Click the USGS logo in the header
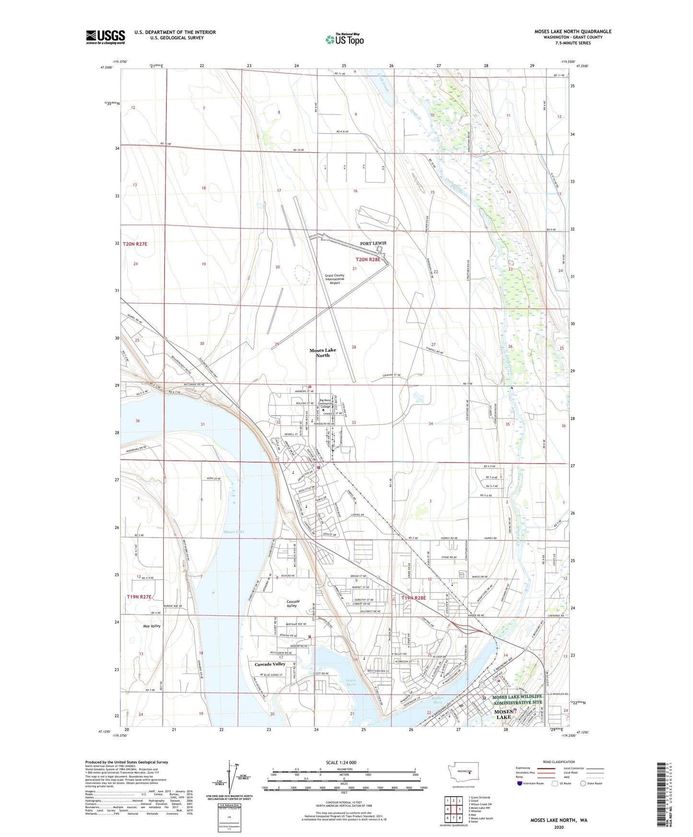[106, 36]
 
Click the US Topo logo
[345, 39]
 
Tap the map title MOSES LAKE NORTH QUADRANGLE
[573, 32]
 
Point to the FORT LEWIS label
[373, 244]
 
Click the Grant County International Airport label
[335, 279]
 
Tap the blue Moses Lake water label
[234, 532]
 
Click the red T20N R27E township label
[135, 244]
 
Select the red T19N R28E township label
[413, 598]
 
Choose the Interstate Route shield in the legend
[520, 783]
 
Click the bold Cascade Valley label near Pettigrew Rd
[270, 664]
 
